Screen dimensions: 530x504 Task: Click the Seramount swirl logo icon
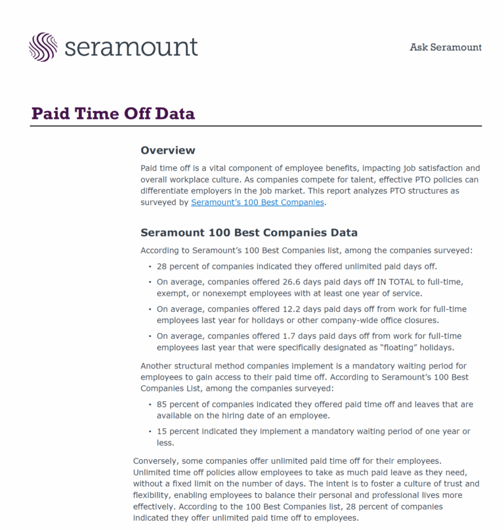pos(43,47)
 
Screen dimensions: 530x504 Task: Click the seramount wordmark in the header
pos(131,47)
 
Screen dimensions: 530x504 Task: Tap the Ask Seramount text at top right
pos(446,47)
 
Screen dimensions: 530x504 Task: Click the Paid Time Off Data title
pos(113,114)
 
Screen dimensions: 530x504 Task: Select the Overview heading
pos(168,150)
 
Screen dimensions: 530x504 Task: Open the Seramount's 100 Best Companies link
pos(257,202)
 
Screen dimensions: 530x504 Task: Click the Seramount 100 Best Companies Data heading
pos(249,232)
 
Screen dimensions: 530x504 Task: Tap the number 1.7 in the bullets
pos(289,336)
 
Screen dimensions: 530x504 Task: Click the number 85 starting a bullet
pos(163,405)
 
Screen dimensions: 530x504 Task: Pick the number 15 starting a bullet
pos(163,431)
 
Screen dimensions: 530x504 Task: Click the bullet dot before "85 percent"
pos(150,405)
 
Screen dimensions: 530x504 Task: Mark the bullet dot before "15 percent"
pos(150,432)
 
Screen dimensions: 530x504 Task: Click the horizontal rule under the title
pos(256,126)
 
